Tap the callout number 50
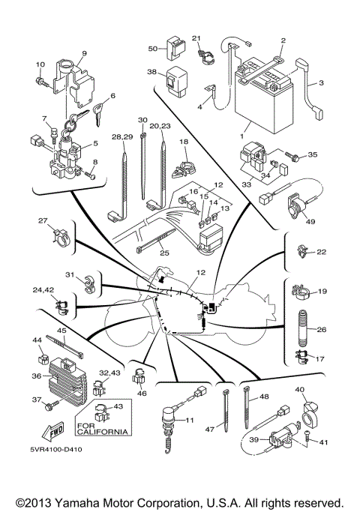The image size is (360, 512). point(152,48)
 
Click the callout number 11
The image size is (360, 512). point(190,421)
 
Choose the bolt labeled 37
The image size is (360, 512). point(49,406)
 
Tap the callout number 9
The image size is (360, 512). point(84,52)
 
